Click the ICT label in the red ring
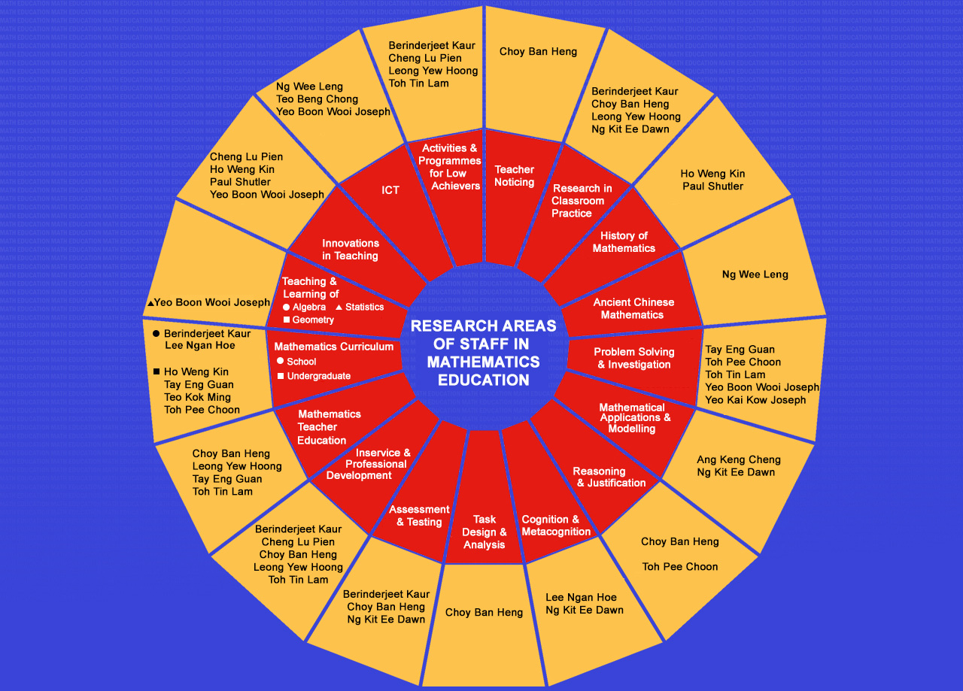click(390, 190)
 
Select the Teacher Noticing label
click(515, 176)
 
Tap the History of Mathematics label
click(624, 242)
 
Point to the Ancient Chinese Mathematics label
click(633, 308)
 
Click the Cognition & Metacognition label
click(556, 526)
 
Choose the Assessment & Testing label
click(419, 516)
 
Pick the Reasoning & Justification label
click(609, 477)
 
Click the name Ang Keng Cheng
click(738, 459)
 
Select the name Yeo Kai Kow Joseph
click(755, 400)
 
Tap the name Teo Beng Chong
click(317, 99)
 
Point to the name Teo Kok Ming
click(197, 397)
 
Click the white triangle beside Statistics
click(339, 307)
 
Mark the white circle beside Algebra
click(286, 307)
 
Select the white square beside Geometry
click(286, 320)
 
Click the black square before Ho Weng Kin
click(156, 371)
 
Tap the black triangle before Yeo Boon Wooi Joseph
click(150, 303)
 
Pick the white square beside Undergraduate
click(280, 376)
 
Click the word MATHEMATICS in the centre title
click(483, 362)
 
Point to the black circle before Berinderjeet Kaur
click(156, 333)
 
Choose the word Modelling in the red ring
click(632, 429)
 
